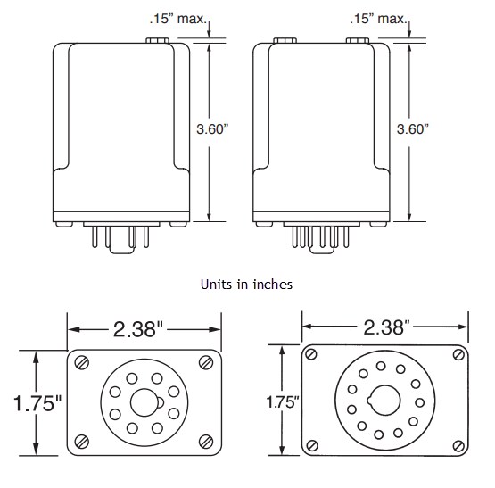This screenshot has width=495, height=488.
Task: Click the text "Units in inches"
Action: click(247, 284)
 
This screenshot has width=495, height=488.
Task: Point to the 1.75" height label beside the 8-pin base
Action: click(31, 402)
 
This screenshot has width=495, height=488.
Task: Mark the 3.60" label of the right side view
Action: click(413, 129)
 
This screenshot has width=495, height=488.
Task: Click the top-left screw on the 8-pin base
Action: click(81, 362)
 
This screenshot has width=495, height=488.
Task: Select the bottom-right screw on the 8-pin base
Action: click(208, 441)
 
